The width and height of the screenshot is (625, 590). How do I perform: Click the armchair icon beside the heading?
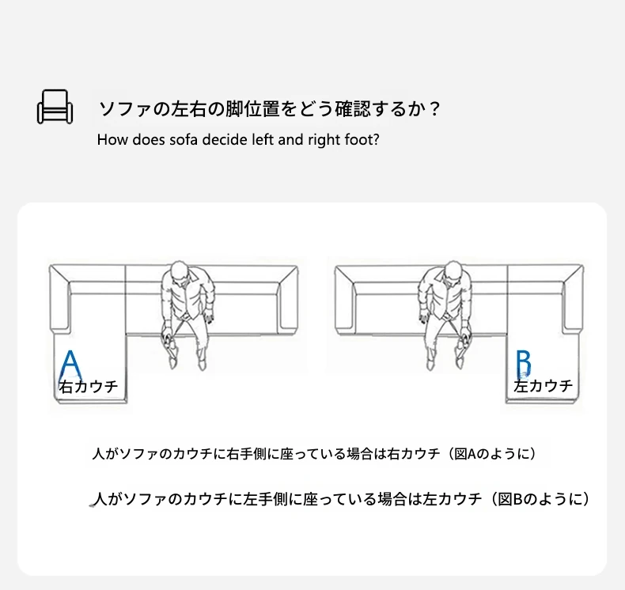pyautogui.click(x=55, y=107)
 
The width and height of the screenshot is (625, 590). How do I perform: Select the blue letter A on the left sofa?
pyautogui.click(x=70, y=365)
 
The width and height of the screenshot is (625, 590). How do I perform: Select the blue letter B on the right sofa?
pyautogui.click(x=524, y=363)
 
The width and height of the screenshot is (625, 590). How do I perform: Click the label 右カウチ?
pyautogui.click(x=89, y=387)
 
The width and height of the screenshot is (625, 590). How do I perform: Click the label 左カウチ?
pyautogui.click(x=543, y=386)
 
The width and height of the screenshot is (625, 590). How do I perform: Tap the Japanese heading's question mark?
pyautogui.click(x=435, y=109)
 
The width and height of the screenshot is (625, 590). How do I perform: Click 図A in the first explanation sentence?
pyautogui.click(x=464, y=454)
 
